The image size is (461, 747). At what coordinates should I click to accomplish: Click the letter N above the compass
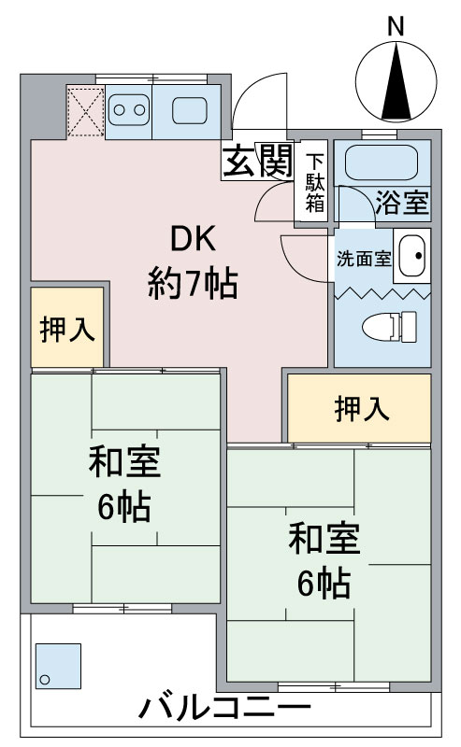pos(396,27)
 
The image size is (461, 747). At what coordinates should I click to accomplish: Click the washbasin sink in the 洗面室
pos(411,254)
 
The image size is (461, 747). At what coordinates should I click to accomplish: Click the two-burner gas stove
pos(128,111)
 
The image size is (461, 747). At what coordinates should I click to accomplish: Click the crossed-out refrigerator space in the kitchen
pos(86,112)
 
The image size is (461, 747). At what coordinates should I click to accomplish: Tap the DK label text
pos(192,241)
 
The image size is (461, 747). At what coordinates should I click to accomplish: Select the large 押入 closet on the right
pos(360,408)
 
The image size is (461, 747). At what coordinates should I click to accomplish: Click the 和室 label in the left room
pos(125,462)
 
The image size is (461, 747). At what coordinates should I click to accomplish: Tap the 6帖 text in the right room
pos(324,583)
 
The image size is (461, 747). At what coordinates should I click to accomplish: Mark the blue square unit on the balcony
pos(59,666)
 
